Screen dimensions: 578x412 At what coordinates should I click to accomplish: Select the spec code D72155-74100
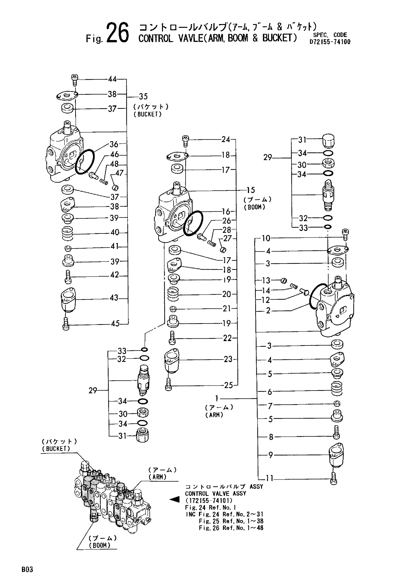pos(330,42)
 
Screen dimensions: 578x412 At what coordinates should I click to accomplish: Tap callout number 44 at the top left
pos(112,79)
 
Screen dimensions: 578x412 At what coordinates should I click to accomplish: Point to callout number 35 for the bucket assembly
pos(143,97)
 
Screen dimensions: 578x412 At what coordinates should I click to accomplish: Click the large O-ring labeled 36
pos(85,162)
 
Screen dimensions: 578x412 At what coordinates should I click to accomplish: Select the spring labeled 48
pos(103,181)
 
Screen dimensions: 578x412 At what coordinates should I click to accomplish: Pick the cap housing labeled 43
pos(68,300)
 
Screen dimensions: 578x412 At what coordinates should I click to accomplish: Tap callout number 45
pos(115,324)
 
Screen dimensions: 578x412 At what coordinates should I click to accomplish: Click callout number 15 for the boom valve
pos(251,190)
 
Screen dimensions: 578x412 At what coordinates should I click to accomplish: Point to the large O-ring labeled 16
pos(193,223)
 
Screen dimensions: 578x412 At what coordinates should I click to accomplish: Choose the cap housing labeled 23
pos(172,361)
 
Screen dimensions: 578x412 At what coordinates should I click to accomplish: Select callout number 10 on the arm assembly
pos(266,239)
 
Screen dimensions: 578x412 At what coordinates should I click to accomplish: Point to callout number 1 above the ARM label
pos(217,398)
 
